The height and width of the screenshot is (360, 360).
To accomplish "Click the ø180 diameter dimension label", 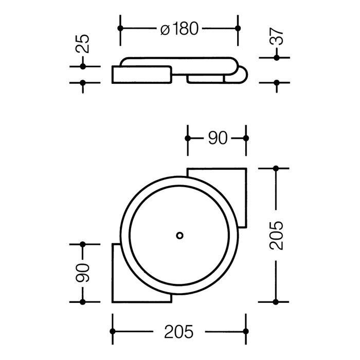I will [179, 29].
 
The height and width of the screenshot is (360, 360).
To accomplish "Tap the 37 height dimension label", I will [277, 37].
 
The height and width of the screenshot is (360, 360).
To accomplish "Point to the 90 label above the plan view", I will [217, 138].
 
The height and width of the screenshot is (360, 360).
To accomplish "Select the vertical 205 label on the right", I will [277, 236].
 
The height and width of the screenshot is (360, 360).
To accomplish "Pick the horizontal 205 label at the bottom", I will [179, 332].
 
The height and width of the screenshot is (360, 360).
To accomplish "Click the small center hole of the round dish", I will [179, 235].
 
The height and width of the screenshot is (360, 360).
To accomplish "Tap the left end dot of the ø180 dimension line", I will [120, 29].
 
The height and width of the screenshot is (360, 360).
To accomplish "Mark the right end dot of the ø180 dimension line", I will [238, 29].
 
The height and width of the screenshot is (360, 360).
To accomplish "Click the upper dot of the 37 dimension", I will [277, 58].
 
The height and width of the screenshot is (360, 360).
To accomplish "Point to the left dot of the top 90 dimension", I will [188, 138].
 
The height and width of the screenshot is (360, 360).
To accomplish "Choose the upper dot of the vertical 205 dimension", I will [277, 168].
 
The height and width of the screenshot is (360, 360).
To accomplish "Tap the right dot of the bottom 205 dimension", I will [246, 331].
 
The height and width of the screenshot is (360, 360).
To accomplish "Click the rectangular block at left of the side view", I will [141, 75].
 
